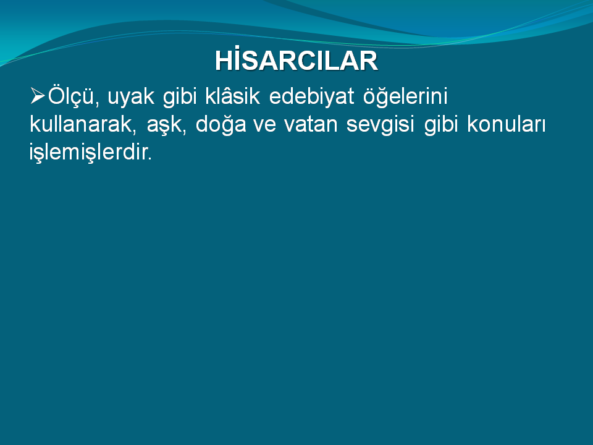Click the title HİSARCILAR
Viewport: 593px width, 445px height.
point(296,60)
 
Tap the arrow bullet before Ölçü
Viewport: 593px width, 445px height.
point(38,96)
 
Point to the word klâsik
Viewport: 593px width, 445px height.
point(233,96)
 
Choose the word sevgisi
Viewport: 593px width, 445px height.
point(380,125)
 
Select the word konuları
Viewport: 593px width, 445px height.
point(507,124)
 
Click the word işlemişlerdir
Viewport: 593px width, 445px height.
point(89,153)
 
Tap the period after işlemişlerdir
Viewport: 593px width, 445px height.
point(150,159)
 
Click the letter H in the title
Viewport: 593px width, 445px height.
point(223,61)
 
